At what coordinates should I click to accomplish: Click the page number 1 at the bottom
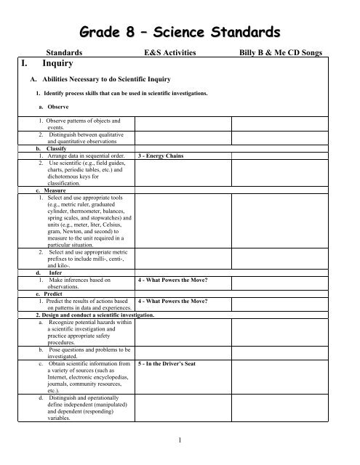tap(179, 440)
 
